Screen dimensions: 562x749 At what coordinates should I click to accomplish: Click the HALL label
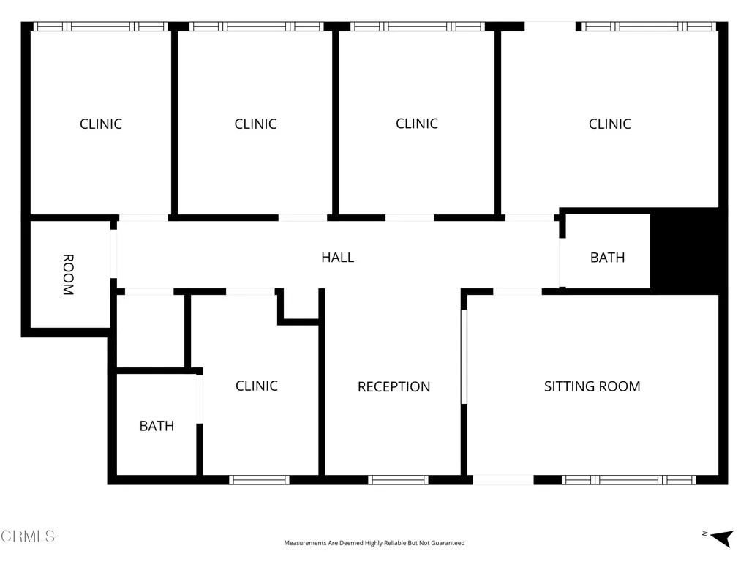[337, 257]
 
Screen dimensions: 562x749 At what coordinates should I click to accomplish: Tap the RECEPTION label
[394, 386]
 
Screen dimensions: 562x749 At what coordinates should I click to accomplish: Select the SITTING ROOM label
[592, 386]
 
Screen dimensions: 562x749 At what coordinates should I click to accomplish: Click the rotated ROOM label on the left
[68, 274]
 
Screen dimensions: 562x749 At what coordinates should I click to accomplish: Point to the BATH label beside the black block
[607, 257]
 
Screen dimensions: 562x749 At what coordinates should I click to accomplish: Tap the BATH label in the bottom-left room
[157, 425]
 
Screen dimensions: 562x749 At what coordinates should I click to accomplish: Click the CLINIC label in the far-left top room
[100, 124]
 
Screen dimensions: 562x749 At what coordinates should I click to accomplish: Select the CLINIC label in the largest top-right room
[609, 124]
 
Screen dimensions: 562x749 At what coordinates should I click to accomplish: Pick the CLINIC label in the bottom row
[256, 385]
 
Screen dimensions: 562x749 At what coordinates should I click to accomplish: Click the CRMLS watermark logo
[28, 536]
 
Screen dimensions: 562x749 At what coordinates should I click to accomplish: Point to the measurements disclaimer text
[374, 543]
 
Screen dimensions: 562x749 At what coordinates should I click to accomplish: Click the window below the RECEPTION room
[398, 480]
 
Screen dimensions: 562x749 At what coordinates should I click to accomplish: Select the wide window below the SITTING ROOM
[628, 480]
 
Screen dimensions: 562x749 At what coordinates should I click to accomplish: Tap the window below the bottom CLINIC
[259, 480]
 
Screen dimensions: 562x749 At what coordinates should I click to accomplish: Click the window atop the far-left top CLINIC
[100, 26]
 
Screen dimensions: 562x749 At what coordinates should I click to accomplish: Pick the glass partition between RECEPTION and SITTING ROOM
[464, 356]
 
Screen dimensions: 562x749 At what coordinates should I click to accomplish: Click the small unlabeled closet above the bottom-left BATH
[149, 331]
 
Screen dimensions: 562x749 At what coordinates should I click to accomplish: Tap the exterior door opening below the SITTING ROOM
[503, 480]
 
